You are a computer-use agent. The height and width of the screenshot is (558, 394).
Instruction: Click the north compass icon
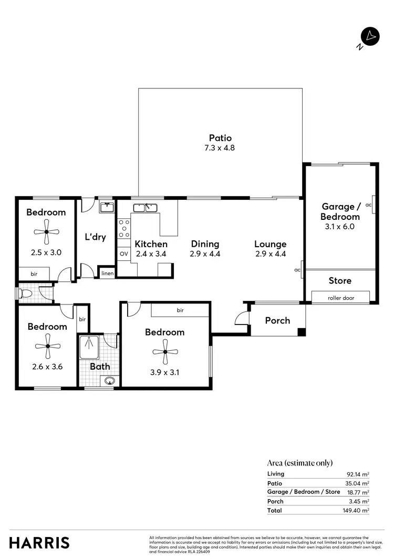coord(370,37)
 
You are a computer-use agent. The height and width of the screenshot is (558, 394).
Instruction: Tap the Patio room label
coord(220,138)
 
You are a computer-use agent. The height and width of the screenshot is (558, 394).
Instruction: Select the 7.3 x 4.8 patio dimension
coord(220,148)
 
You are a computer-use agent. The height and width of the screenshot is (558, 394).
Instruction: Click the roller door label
coord(340,297)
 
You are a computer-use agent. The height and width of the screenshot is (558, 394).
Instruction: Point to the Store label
coord(340,281)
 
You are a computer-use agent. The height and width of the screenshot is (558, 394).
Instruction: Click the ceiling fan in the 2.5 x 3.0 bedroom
coord(46,232)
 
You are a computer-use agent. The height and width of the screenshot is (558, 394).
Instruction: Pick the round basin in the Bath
coord(110,380)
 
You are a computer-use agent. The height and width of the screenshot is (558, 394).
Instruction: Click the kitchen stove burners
coord(124,230)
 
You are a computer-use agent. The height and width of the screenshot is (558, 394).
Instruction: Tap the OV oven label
coord(123,253)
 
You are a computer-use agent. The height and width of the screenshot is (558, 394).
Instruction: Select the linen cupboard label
coord(107,273)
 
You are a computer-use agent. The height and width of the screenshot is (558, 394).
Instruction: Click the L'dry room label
coord(96,237)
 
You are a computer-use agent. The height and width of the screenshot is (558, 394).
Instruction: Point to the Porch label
coord(277,320)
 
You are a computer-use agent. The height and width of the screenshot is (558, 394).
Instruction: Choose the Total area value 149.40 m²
coord(357,510)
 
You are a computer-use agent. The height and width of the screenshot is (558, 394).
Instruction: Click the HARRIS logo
coord(39,543)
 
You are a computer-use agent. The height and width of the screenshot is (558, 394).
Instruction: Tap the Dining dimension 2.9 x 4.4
coord(205,253)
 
